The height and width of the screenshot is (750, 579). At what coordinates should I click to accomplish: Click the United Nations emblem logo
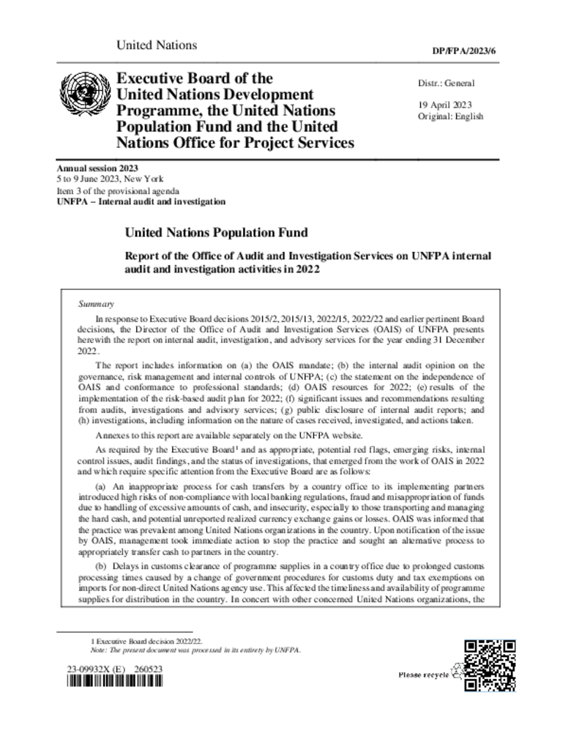coord(82,96)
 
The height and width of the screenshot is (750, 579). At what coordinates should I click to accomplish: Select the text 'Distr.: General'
coord(446,83)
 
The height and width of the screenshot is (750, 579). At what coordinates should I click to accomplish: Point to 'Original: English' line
coord(450,116)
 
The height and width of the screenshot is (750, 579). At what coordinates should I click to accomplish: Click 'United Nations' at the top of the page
coord(157,45)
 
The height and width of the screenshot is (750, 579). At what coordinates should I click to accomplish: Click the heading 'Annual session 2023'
coord(97,168)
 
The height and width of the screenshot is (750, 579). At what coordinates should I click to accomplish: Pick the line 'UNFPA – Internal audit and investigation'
coord(141,201)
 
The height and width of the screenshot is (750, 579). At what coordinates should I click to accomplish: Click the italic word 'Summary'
coord(95,302)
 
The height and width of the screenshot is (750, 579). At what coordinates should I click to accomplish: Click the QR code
coord(490,665)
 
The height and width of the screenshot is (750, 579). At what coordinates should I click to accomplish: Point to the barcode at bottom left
coord(115,683)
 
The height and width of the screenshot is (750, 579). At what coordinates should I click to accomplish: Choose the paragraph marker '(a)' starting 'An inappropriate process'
coord(102,486)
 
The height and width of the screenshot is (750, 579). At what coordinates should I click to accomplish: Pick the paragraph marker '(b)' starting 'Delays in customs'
coord(103,568)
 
